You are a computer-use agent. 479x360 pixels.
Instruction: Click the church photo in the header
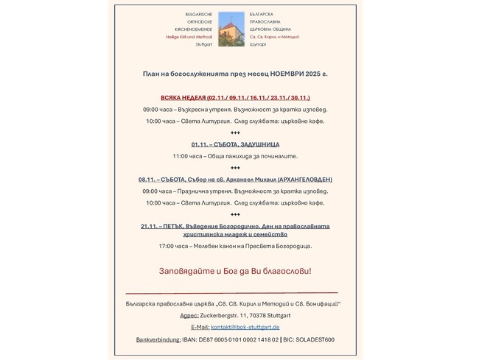click(x=231, y=29)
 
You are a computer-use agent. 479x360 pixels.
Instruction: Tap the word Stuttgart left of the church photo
click(x=203, y=44)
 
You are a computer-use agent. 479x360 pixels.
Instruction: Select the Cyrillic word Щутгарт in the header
click(x=258, y=44)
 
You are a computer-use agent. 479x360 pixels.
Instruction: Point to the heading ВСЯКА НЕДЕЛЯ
click(x=183, y=98)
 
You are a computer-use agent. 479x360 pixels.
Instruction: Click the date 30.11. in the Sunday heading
click(x=299, y=98)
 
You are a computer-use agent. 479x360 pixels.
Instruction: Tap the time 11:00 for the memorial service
click(x=181, y=156)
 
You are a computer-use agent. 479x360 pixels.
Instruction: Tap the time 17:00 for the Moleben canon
click(x=167, y=246)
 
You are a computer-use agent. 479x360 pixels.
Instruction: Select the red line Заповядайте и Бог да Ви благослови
click(x=235, y=271)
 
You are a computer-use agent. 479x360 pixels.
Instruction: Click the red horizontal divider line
click(x=231, y=293)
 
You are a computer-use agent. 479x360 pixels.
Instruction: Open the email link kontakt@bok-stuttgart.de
click(x=245, y=327)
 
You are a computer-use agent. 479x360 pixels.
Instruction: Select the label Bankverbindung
click(x=158, y=339)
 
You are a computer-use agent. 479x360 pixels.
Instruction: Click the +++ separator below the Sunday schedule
click(x=235, y=133)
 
